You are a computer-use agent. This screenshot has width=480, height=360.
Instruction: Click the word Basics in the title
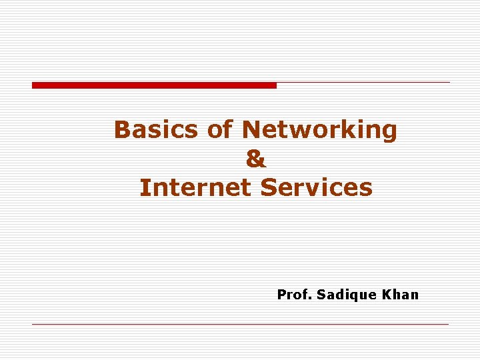coord(157,130)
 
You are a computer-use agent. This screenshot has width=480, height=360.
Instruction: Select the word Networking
coord(319,130)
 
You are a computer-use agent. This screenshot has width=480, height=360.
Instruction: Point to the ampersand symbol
coord(255,159)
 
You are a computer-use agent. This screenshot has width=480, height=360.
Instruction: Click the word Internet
coord(197,188)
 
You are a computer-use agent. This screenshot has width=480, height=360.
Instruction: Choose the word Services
coord(317,188)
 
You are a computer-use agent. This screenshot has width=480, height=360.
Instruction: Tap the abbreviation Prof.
coord(294,295)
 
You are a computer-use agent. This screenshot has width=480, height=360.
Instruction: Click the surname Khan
coord(401,295)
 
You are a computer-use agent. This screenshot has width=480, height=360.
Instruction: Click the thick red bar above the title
coord(154,85)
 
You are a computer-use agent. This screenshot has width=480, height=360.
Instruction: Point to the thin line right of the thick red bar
coord(363,83)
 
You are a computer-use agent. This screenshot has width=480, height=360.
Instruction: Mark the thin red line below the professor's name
coord(240,325)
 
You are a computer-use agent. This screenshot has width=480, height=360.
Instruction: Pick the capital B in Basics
coord(123,130)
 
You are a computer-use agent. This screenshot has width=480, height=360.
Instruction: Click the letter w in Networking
coord(301,130)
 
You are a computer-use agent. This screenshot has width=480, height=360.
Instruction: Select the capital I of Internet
coord(143,188)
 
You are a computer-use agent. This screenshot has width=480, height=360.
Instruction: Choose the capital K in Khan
coord(387,295)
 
